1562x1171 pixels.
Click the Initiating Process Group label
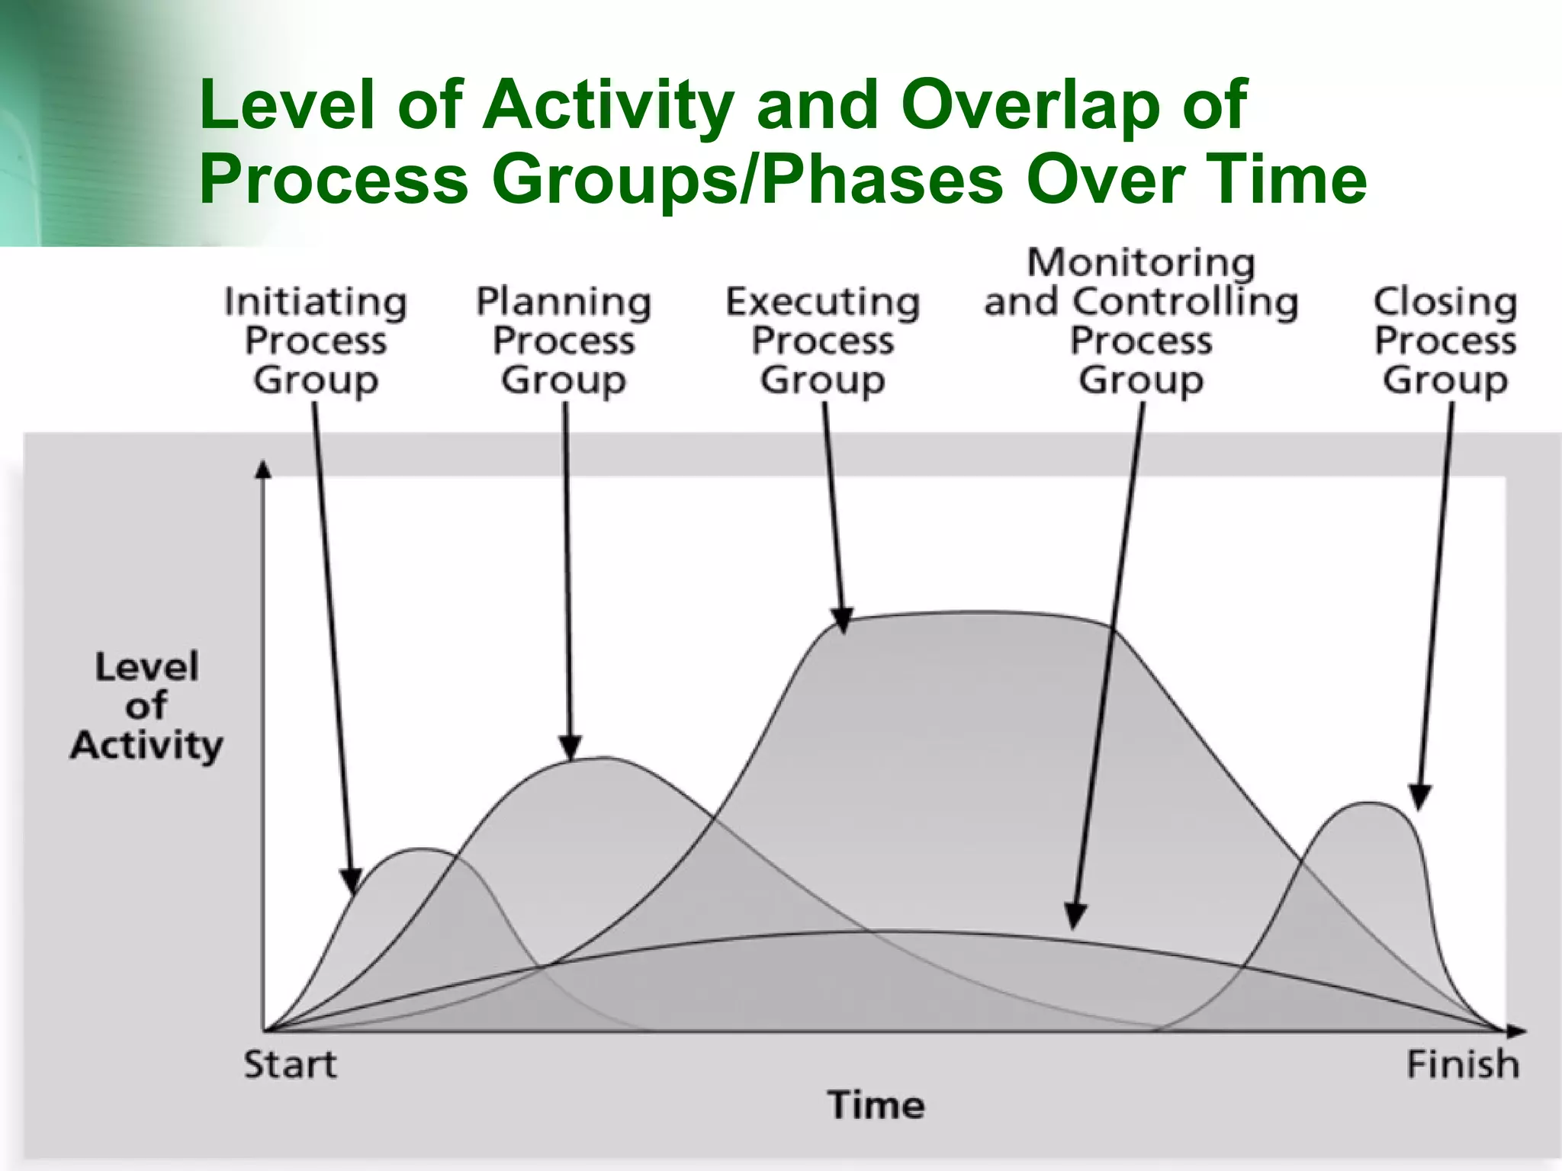(x=316, y=341)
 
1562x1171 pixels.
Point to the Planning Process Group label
(x=564, y=341)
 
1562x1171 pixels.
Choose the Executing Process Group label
(x=823, y=341)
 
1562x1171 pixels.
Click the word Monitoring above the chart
(x=1141, y=263)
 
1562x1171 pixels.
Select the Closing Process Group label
(x=1445, y=341)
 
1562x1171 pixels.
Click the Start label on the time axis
(x=290, y=1065)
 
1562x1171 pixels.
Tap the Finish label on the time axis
(x=1462, y=1065)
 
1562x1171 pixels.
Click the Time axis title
(x=876, y=1105)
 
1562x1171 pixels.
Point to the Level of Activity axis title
(x=146, y=706)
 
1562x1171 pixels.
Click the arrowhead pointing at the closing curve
(x=1419, y=797)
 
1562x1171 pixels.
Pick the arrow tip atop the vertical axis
(x=263, y=468)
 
